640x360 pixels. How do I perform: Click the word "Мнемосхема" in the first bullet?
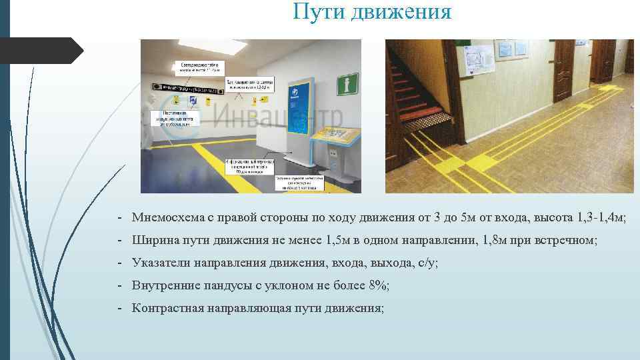[x=171, y=217]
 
